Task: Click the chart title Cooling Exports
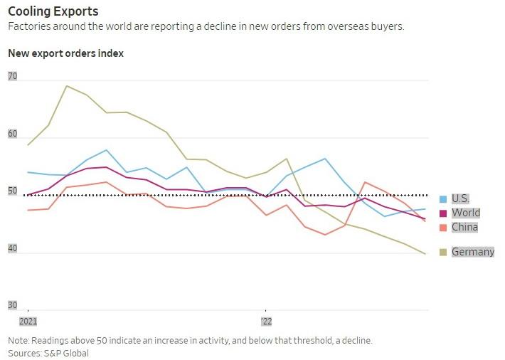(x=53, y=11)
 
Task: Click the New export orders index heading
(x=65, y=53)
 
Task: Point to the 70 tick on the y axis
(x=13, y=76)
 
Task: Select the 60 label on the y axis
(x=13, y=134)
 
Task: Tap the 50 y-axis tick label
(x=13, y=191)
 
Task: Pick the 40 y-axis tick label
(x=13, y=248)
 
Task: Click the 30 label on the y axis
(x=13, y=305)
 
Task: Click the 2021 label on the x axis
(x=28, y=322)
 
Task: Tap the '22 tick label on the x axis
(x=266, y=322)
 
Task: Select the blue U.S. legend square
(x=443, y=199)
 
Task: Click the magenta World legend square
(x=443, y=213)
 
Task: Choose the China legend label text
(x=464, y=227)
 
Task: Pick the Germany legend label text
(x=473, y=252)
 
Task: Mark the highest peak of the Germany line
(x=66, y=86)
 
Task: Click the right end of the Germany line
(x=426, y=254)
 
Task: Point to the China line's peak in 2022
(x=365, y=182)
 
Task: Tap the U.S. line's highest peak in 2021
(x=106, y=150)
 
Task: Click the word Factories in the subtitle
(x=29, y=26)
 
